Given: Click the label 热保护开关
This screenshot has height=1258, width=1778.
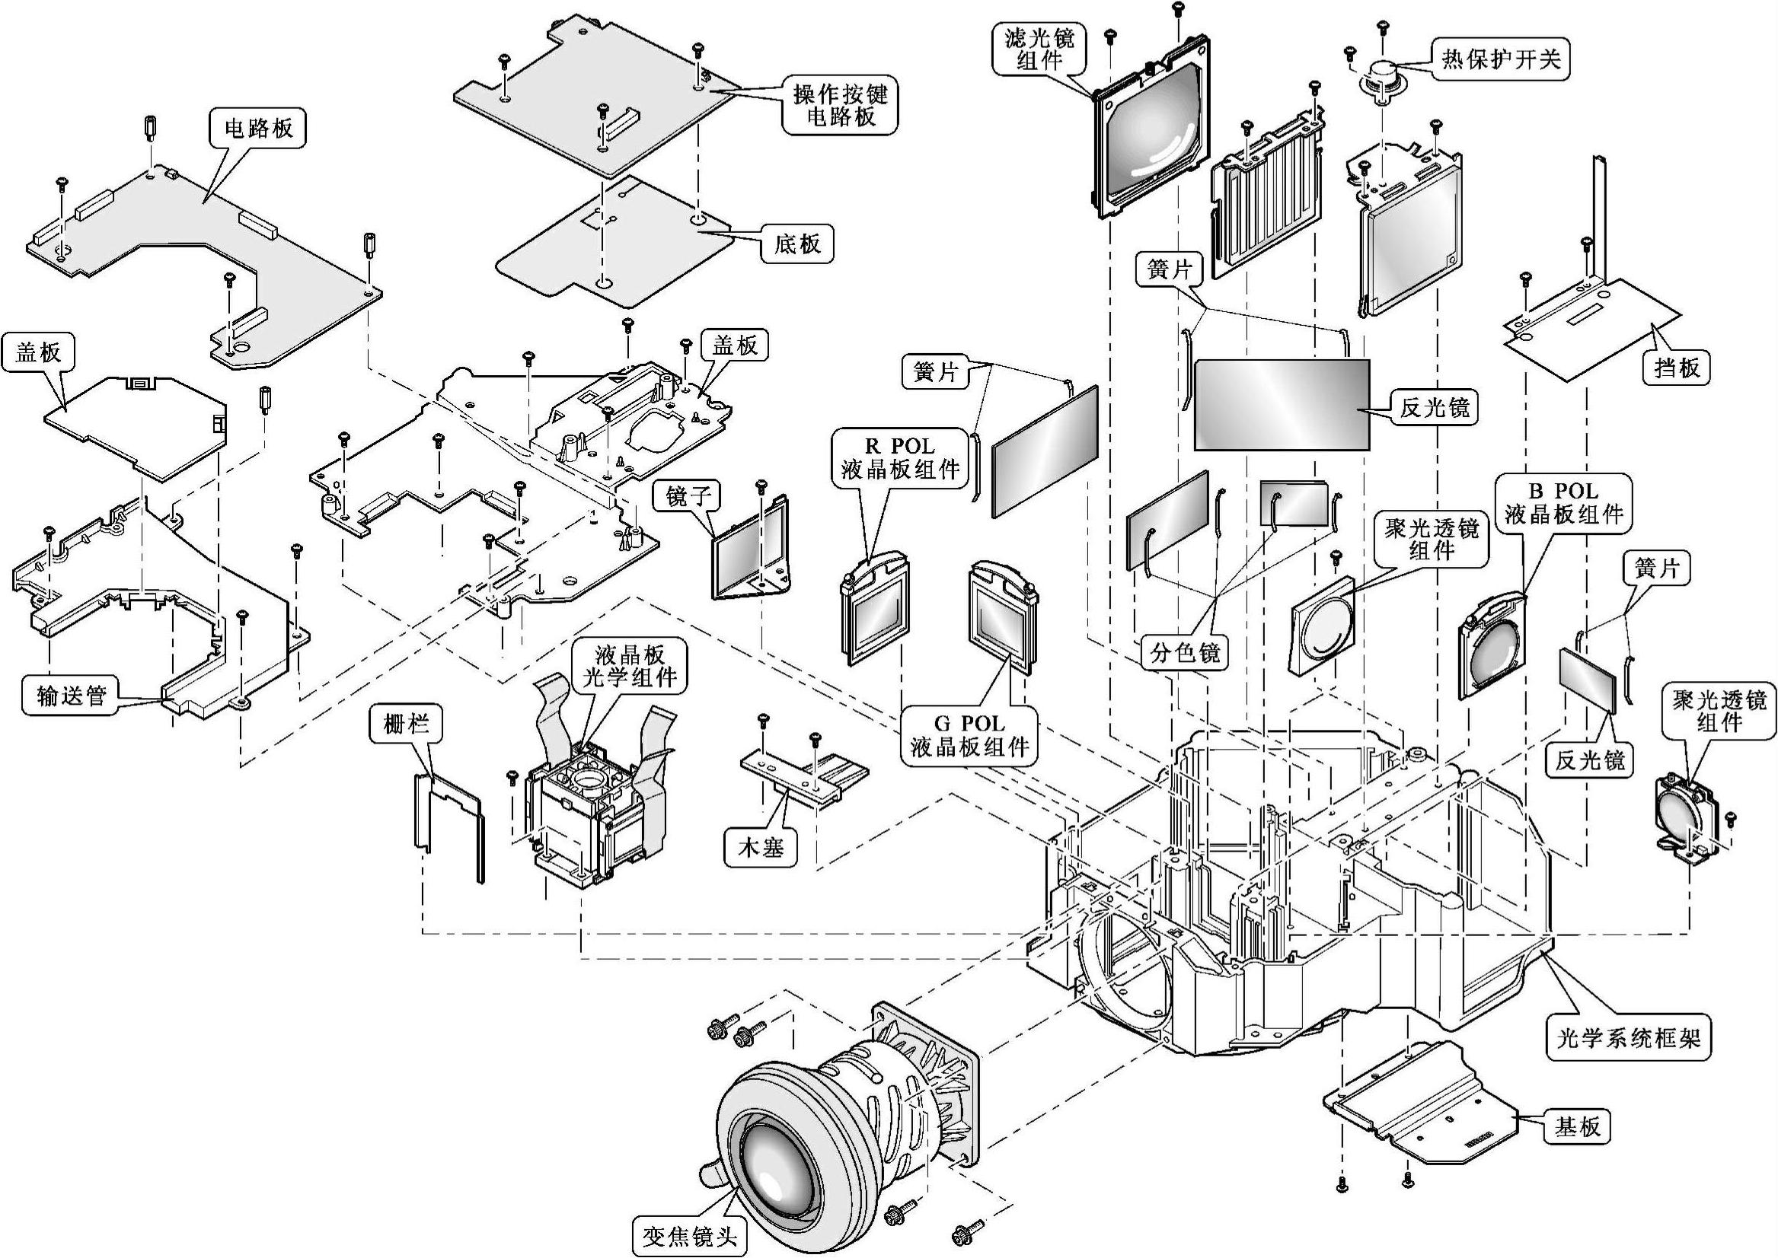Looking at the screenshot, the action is click(x=1501, y=59).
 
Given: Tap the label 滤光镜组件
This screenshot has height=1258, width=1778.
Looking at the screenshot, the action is click(x=1039, y=49).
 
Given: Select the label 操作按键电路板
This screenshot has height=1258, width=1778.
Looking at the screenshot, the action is click(x=841, y=105).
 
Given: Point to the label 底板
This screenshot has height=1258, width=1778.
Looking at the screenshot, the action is click(x=796, y=244).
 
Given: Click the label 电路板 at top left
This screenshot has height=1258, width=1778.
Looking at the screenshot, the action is click(x=259, y=128).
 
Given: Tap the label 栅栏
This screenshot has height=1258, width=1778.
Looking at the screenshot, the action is click(x=406, y=725).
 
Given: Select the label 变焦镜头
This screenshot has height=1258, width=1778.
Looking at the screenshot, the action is click(x=689, y=1234).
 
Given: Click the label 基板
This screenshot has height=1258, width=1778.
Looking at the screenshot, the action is click(x=1577, y=1126).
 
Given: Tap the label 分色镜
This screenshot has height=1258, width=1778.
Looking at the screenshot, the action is click(x=1185, y=652).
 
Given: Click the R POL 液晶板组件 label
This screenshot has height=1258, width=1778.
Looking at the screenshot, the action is click(x=900, y=459).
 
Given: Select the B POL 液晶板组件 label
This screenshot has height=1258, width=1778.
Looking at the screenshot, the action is click(x=1564, y=503).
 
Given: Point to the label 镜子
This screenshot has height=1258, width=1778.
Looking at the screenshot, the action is click(x=688, y=495).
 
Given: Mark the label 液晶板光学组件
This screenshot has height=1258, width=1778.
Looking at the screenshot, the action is click(x=630, y=665).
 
